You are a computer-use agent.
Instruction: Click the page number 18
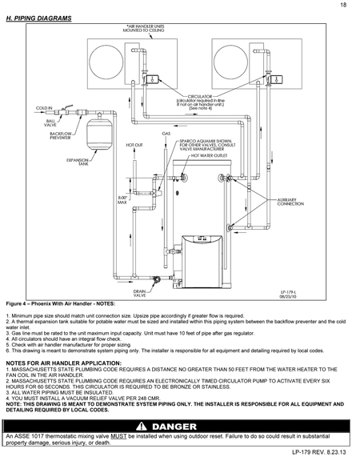tap(342, 6)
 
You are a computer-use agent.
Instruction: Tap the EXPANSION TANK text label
tap(77, 162)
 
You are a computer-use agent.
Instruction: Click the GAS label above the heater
tap(167, 134)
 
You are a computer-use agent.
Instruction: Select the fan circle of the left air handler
tap(107, 65)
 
